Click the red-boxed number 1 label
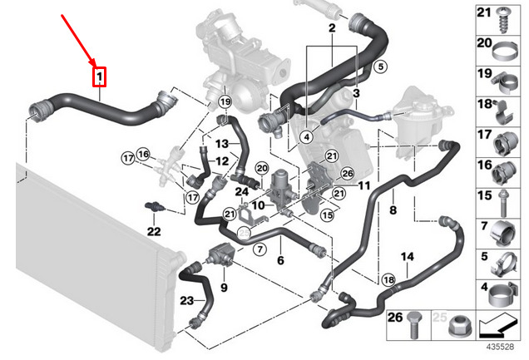click(100, 76)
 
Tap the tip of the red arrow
click(96, 67)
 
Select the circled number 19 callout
click(225, 101)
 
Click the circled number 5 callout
click(381, 67)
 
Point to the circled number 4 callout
click(306, 137)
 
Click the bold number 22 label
click(154, 232)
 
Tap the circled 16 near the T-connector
click(143, 155)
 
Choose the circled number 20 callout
click(262, 169)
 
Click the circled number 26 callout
click(348, 174)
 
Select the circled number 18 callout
click(388, 279)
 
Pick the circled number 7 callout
click(260, 249)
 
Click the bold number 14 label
click(408, 257)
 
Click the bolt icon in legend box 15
click(503, 204)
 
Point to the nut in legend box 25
click(461, 326)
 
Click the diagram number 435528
click(500, 347)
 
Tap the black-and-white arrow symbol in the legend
click(497, 326)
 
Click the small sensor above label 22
click(154, 206)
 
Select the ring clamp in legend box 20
click(505, 52)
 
